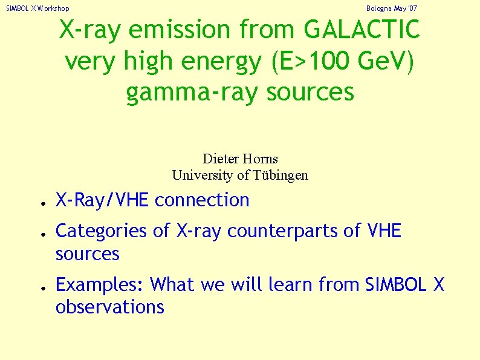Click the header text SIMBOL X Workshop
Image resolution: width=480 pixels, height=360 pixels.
click(x=37, y=8)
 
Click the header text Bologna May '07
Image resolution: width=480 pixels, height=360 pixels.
click(x=392, y=8)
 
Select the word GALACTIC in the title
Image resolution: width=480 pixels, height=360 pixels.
click(x=362, y=30)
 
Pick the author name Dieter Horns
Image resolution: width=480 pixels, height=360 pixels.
click(x=240, y=159)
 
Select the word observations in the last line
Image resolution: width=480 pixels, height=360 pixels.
click(x=110, y=307)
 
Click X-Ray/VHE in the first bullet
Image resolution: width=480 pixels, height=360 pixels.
click(x=102, y=200)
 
